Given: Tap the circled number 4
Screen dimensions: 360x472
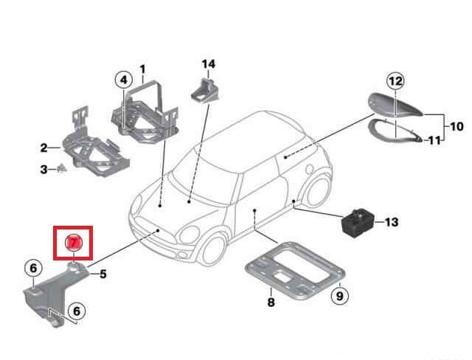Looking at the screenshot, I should pos(122,80).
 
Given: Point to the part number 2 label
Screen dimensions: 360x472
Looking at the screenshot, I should pos(44,148).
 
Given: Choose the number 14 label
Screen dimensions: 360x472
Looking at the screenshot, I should pos(209,64).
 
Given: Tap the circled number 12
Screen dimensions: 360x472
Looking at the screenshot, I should pos(395,80).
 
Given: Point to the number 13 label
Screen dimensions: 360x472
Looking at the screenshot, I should pos(391,221).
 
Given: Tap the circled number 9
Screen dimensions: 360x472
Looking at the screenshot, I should pos(339,297).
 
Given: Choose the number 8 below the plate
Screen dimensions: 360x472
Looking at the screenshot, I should pos(271,302).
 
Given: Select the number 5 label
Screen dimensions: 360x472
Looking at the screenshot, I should pos(103,274).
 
